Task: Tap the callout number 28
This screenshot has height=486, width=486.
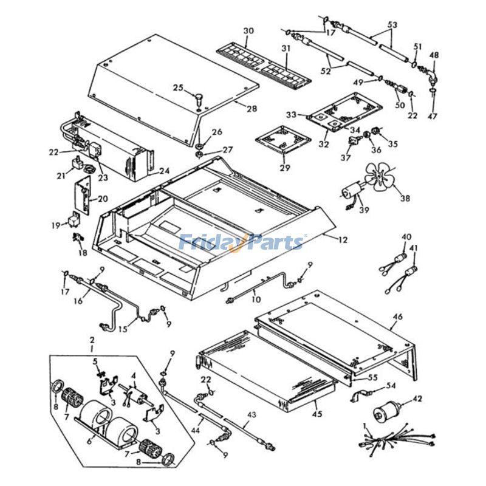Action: pyautogui.click(x=235, y=108)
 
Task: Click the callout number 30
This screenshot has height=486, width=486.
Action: pyautogui.click(x=248, y=31)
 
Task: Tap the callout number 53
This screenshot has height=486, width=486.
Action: pyautogui.click(x=392, y=25)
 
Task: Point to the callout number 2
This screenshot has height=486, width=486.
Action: pyautogui.click(x=92, y=339)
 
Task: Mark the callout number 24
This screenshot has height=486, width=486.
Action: pyautogui.click(x=164, y=171)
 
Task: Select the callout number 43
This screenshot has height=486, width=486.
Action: pyautogui.click(x=252, y=414)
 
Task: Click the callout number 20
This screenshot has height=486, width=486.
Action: pyautogui.click(x=103, y=198)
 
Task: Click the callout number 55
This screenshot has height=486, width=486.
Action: pyautogui.click(x=372, y=378)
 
